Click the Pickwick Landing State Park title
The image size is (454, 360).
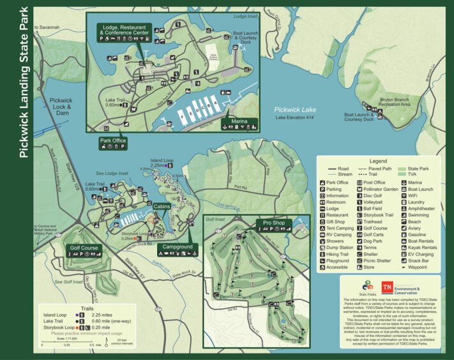pyautogui.click(x=23, y=84)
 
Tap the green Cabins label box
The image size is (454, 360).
pyautogui.click(x=162, y=206)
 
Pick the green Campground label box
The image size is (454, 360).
pyautogui.click(x=177, y=246)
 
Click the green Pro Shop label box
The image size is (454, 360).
pyautogui.click(x=273, y=223)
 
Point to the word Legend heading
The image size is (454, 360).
pyautogui.click(x=378, y=161)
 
